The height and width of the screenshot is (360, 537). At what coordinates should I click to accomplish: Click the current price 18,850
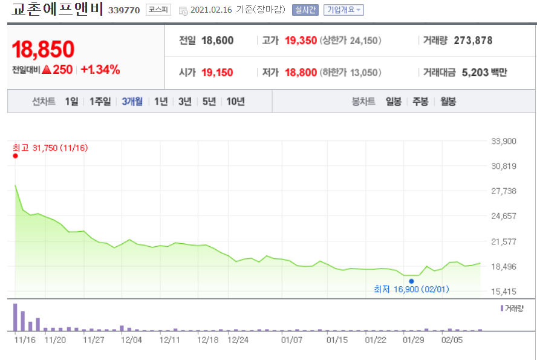pyautogui.click(x=43, y=50)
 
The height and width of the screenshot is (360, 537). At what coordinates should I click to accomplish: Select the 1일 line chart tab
pyautogui.click(x=72, y=102)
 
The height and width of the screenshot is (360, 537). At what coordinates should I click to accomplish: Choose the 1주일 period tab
pyautogui.click(x=100, y=102)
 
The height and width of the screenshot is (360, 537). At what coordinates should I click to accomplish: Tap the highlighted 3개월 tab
pyautogui.click(x=132, y=102)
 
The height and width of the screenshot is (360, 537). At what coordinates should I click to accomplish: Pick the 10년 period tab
pyautogui.click(x=235, y=102)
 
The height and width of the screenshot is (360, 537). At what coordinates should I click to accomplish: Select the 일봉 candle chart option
pyautogui.click(x=394, y=102)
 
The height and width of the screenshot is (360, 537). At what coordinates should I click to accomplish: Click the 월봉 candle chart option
pyautogui.click(x=447, y=102)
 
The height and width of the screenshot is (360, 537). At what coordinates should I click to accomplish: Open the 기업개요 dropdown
pyautogui.click(x=343, y=10)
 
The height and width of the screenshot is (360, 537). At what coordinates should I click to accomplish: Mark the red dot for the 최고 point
pyautogui.click(x=15, y=156)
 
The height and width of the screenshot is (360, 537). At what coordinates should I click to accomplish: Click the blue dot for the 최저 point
pyautogui.click(x=411, y=281)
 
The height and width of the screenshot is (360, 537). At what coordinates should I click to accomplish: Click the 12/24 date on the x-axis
pyautogui.click(x=238, y=340)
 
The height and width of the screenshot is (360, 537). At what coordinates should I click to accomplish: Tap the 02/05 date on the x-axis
pyautogui.click(x=452, y=340)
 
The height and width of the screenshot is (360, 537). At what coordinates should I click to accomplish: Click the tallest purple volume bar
pyautogui.click(x=15, y=316)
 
